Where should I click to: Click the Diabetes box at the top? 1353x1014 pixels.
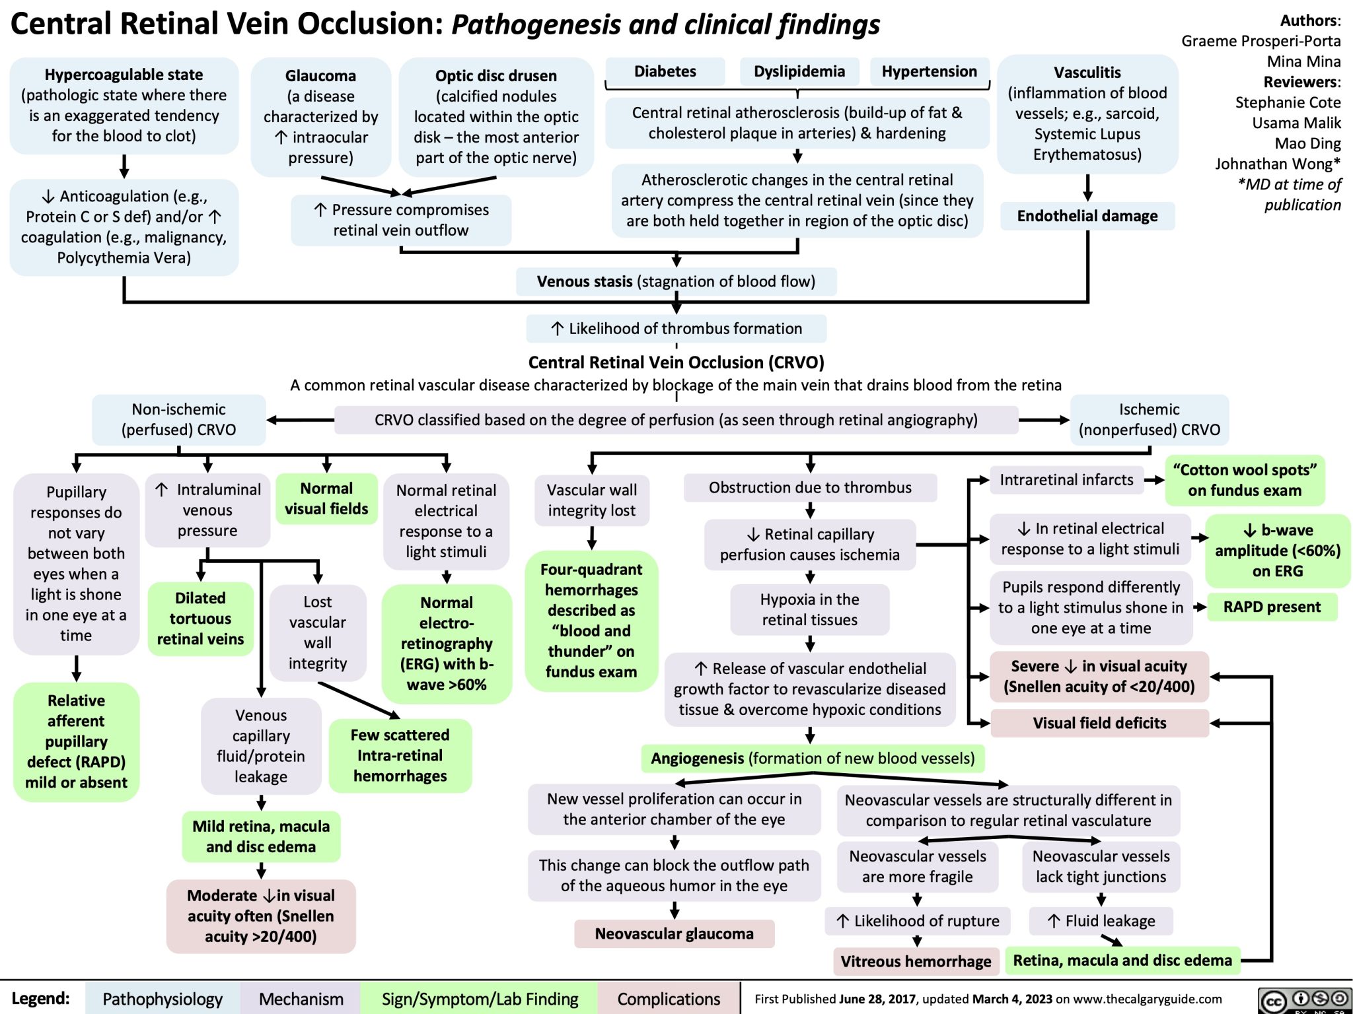coord(665,71)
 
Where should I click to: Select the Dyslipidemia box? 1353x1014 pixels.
coord(799,71)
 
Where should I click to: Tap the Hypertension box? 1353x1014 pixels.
coord(929,71)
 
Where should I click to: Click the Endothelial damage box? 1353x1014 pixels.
coord(1087,216)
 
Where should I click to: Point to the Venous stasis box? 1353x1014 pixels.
coord(676,282)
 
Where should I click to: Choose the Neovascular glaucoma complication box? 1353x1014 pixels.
coord(674,933)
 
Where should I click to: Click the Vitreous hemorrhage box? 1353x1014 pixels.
coord(916,961)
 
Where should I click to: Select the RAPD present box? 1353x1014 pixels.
coord(1272,607)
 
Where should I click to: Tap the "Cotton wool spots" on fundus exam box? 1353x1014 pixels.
coord(1245,480)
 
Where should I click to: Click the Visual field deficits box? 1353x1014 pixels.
coord(1099,723)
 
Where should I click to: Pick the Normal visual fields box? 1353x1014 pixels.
coord(326,498)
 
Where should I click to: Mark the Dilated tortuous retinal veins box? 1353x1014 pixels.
coord(200,619)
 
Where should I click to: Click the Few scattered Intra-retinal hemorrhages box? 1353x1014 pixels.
coord(400,755)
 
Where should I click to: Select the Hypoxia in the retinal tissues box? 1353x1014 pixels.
coord(809,609)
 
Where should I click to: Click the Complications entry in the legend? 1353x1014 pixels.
coord(669,999)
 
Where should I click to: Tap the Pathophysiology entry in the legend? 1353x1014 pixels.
coord(163,999)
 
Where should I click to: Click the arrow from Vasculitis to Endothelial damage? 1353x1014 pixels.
coord(1087,187)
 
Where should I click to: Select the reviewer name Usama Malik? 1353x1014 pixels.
coord(1296,123)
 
